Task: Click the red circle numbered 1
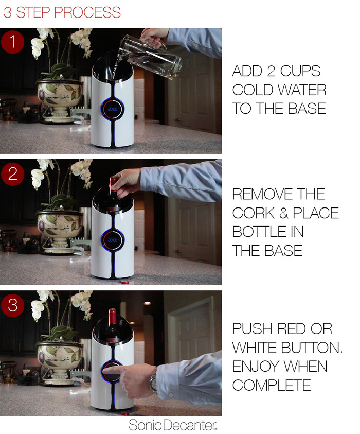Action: [x=12, y=42]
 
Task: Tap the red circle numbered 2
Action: [x=12, y=175]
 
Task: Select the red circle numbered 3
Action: [x=12, y=305]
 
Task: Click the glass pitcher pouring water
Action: [x=151, y=56]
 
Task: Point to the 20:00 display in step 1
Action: [x=112, y=109]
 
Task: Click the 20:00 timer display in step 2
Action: [x=112, y=240]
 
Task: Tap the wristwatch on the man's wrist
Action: [x=153, y=379]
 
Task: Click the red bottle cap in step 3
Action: [x=124, y=414]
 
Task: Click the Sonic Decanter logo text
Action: [x=173, y=425]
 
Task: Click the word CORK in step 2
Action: [x=253, y=213]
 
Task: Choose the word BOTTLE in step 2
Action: [x=260, y=232]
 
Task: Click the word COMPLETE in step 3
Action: [x=272, y=385]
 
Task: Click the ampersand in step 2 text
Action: [x=284, y=213]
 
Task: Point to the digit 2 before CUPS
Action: [x=271, y=71]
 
